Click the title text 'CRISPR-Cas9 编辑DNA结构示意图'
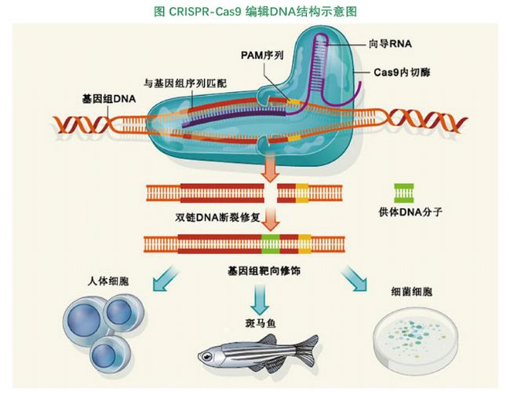(256, 10)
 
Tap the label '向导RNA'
(390, 42)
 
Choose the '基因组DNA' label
(107, 100)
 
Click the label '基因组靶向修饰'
(263, 269)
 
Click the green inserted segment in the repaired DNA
(271, 243)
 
